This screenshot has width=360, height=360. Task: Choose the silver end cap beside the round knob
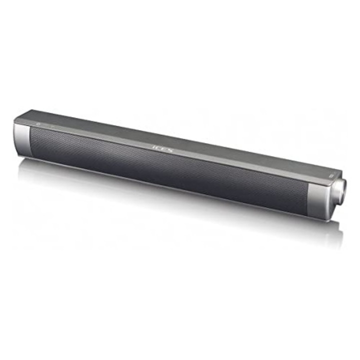320,199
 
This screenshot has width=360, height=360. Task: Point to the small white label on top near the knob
330,175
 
